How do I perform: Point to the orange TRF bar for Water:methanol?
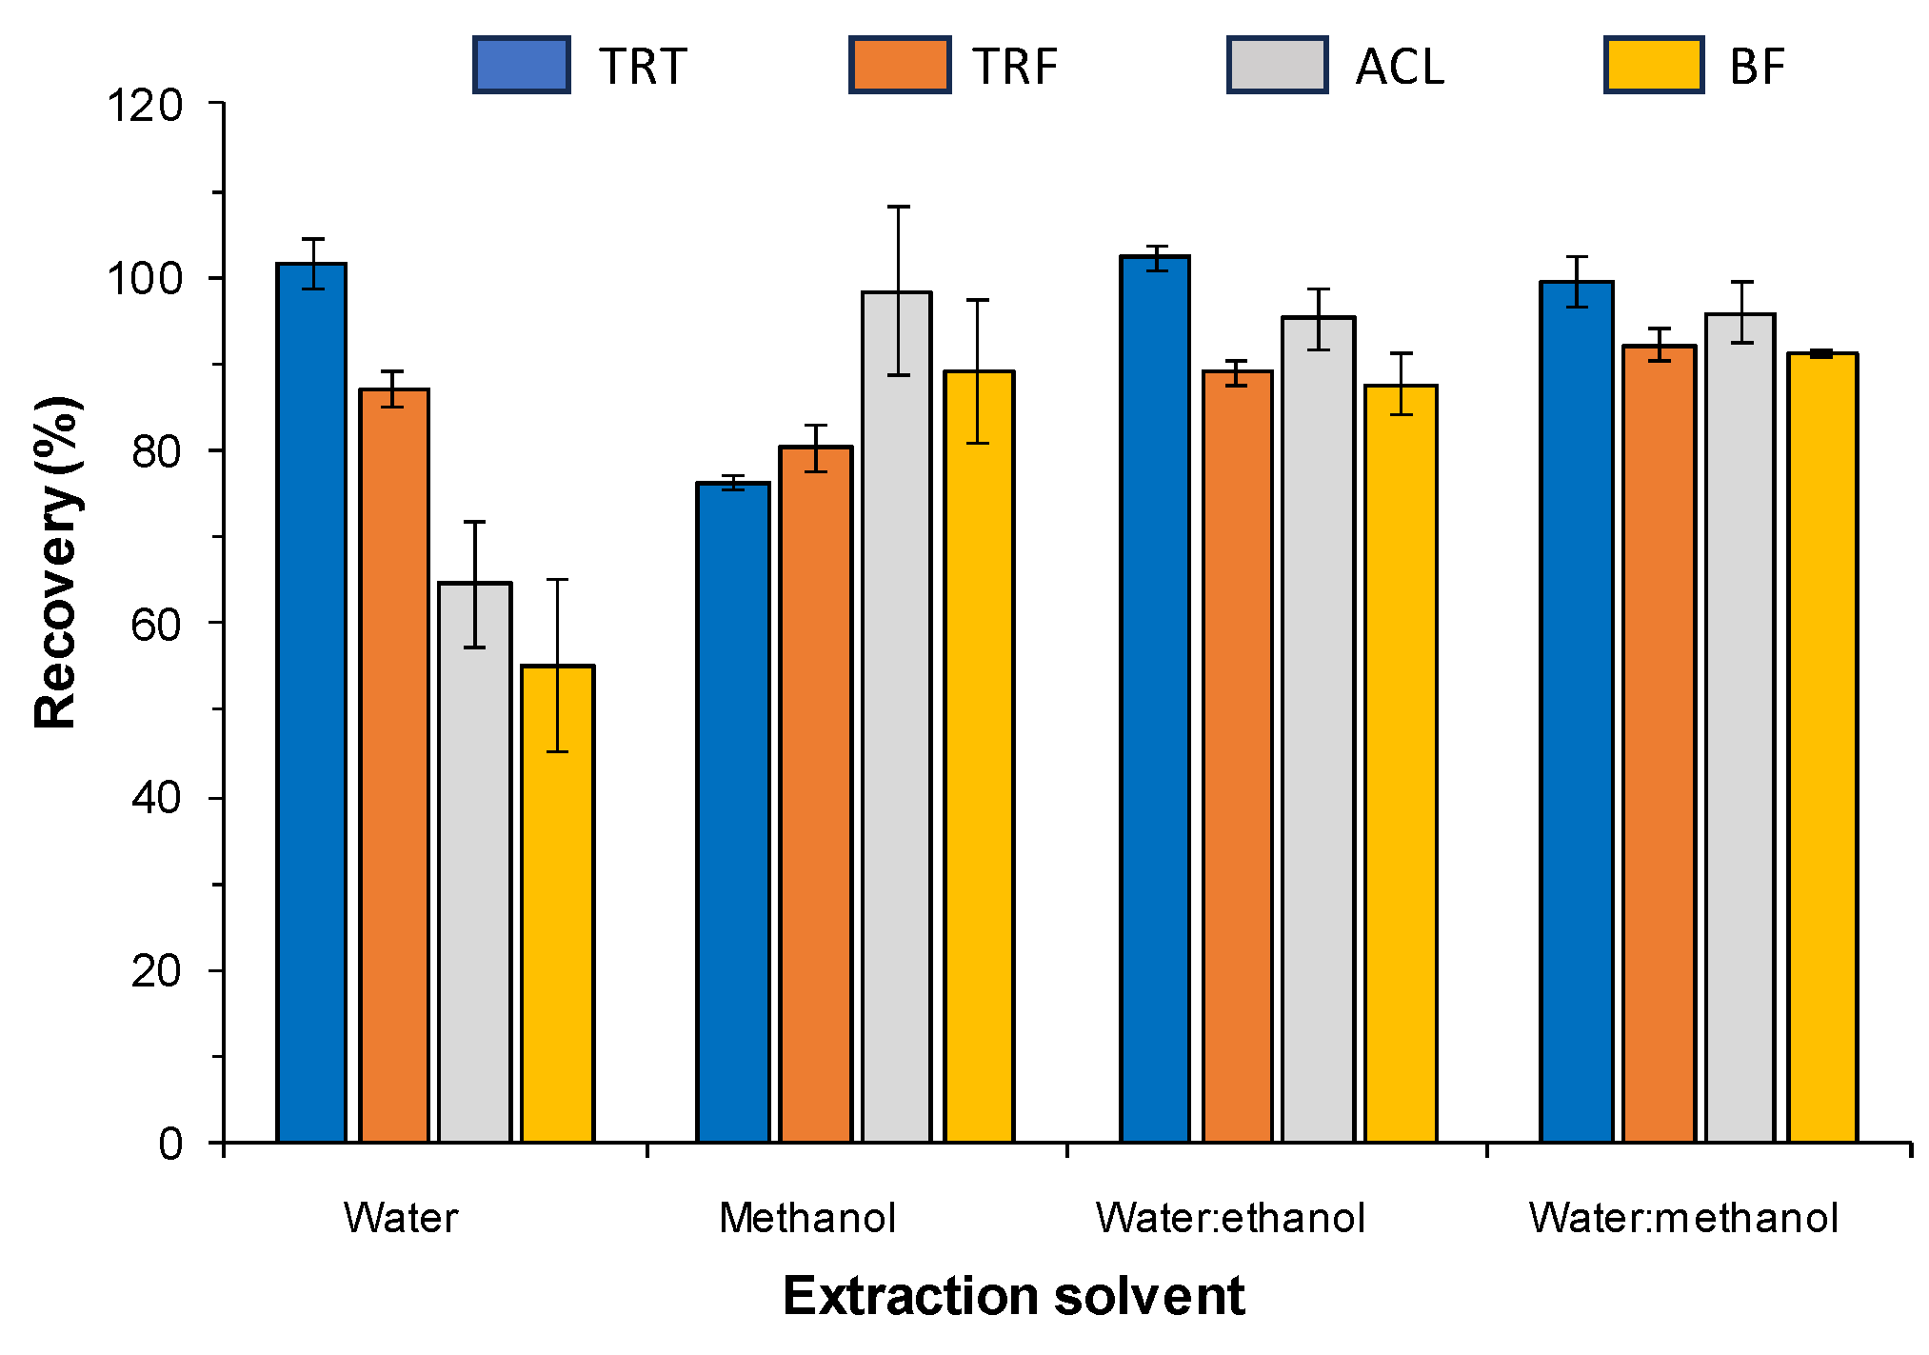coord(1659,743)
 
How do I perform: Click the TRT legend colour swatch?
coord(522,65)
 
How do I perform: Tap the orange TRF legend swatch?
coord(900,65)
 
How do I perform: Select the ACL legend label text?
coord(1400,67)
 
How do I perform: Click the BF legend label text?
coord(1757,67)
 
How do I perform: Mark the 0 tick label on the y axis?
coord(171,1144)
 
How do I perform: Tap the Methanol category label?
coord(807,1218)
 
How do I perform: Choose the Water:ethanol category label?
coord(1230,1218)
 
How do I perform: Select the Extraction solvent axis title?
coord(1013,1296)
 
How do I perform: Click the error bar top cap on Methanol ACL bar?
coord(898,207)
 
